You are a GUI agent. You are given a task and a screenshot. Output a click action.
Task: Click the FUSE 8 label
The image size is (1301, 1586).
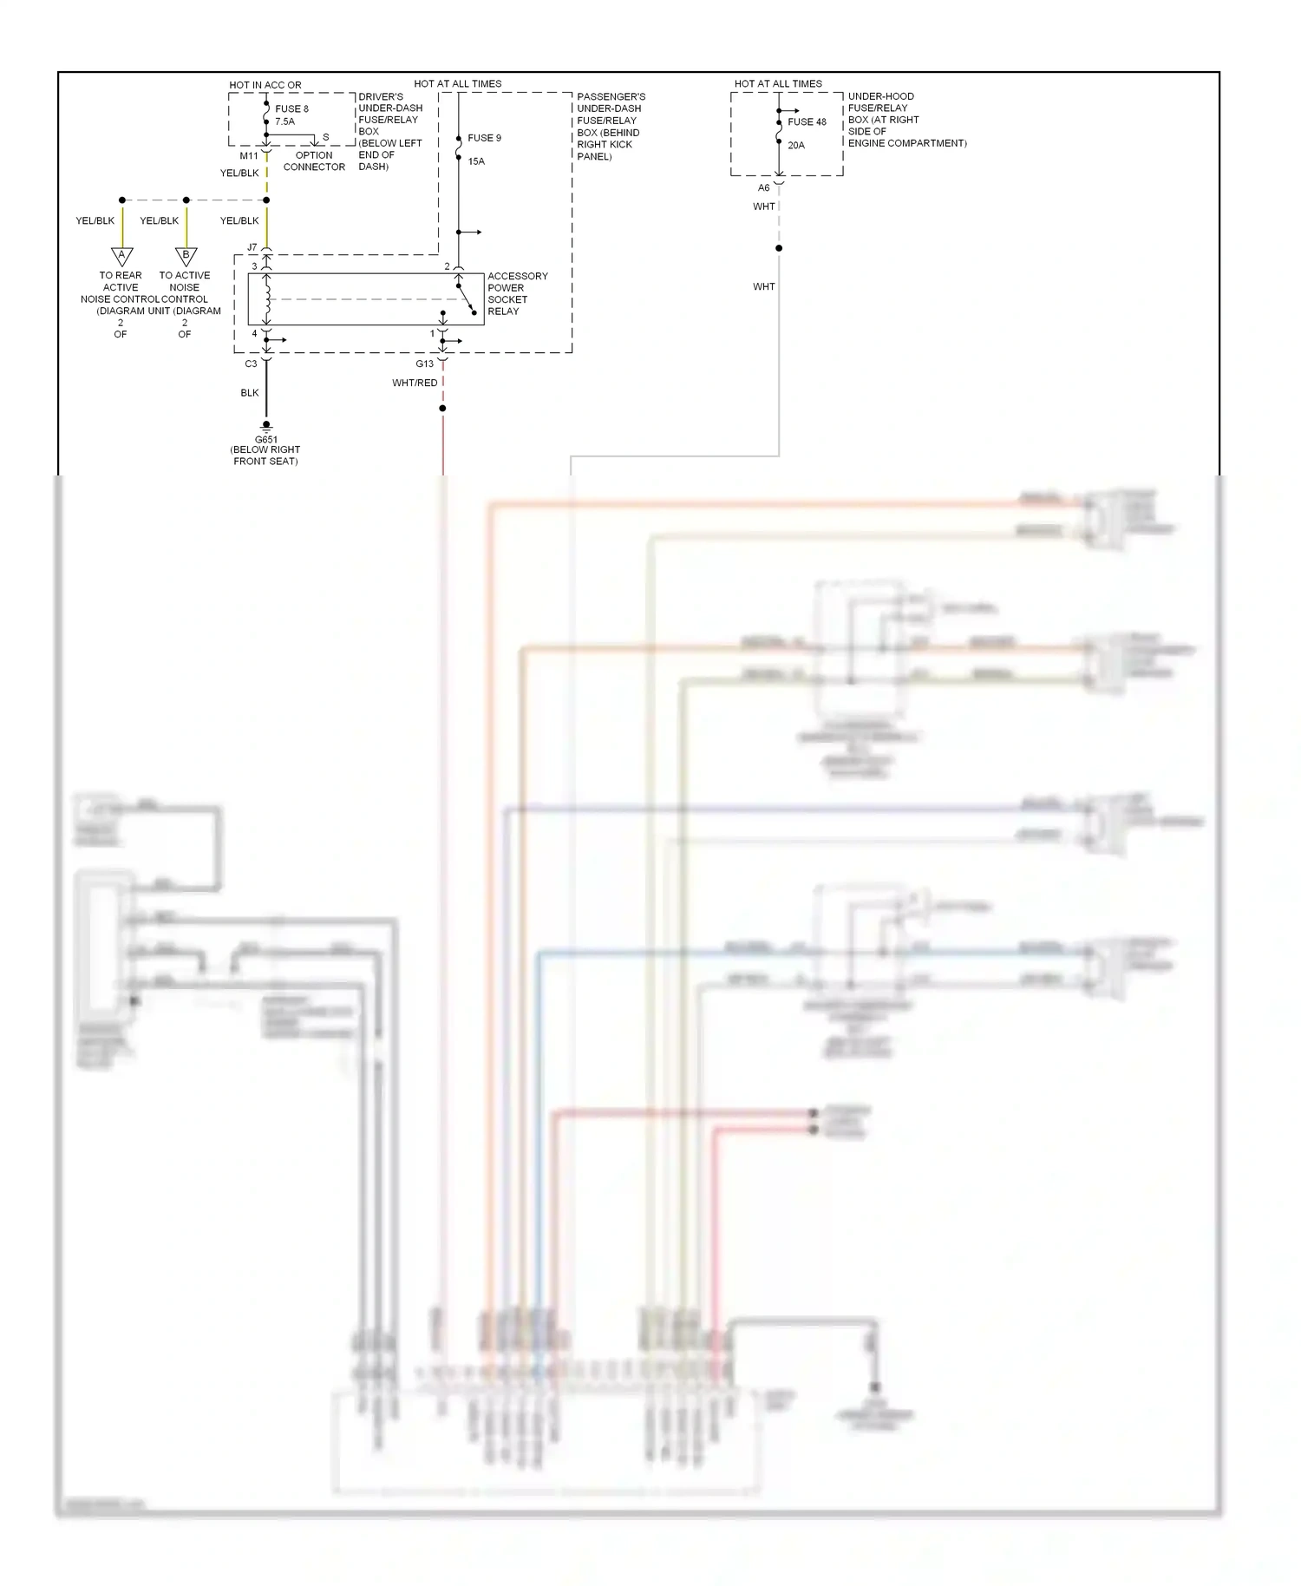pos(291,109)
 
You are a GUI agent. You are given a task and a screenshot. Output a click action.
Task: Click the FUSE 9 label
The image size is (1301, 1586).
pos(484,138)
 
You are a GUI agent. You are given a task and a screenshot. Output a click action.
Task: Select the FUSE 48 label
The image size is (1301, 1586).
pos(807,122)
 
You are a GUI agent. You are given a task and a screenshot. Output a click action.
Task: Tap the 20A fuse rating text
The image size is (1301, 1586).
pos(796,146)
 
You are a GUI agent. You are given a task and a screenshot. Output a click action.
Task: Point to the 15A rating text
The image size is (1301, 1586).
pos(476,161)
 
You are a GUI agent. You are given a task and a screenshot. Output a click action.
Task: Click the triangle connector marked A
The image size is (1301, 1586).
pos(122,255)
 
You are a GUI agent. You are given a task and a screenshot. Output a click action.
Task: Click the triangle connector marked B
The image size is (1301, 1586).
pos(186,255)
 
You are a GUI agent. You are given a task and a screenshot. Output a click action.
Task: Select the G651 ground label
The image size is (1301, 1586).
pos(266,440)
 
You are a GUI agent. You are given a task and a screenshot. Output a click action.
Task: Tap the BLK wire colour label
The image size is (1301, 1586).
pos(250,393)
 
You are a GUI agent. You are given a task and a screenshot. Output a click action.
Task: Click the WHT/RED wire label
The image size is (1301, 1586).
pos(415,383)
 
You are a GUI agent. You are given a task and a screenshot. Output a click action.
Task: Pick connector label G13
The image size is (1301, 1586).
pos(424,364)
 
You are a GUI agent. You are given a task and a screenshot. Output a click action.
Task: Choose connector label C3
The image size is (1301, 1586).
pos(251,364)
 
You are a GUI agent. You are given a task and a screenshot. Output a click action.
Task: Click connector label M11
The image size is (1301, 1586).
pos(249,156)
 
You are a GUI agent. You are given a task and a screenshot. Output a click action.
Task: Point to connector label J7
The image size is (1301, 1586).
pos(252,248)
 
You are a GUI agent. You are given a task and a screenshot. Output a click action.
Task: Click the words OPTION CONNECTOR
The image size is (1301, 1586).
pos(314,161)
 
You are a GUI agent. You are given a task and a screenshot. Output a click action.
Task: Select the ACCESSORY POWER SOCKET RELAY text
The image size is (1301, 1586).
pos(517,293)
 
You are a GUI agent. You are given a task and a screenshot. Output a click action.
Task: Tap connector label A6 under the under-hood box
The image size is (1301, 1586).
pos(763,188)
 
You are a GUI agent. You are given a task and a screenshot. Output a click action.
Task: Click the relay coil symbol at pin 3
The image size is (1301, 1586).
pos(267,299)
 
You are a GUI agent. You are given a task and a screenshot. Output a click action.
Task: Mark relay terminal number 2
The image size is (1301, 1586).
pos(448,266)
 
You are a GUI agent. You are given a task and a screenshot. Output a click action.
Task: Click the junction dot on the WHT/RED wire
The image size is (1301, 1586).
pos(443,408)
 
